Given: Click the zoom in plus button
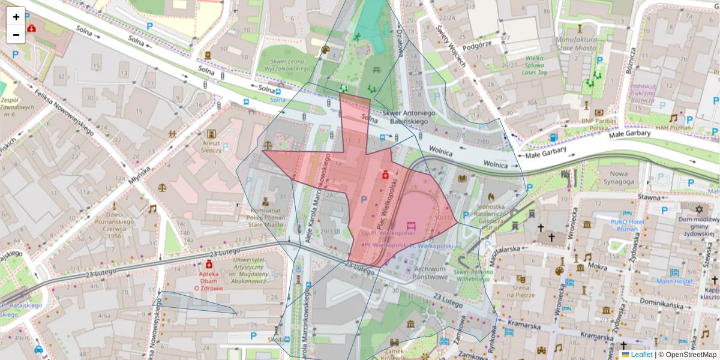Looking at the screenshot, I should click(16, 17).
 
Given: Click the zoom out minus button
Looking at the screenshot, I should click(16, 35).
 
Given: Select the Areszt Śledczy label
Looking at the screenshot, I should click(210, 146).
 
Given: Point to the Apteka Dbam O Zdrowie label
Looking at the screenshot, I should click(209, 280).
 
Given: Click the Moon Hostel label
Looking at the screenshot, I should click(674, 281).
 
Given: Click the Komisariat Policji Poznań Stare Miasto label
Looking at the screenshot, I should click(265, 217).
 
